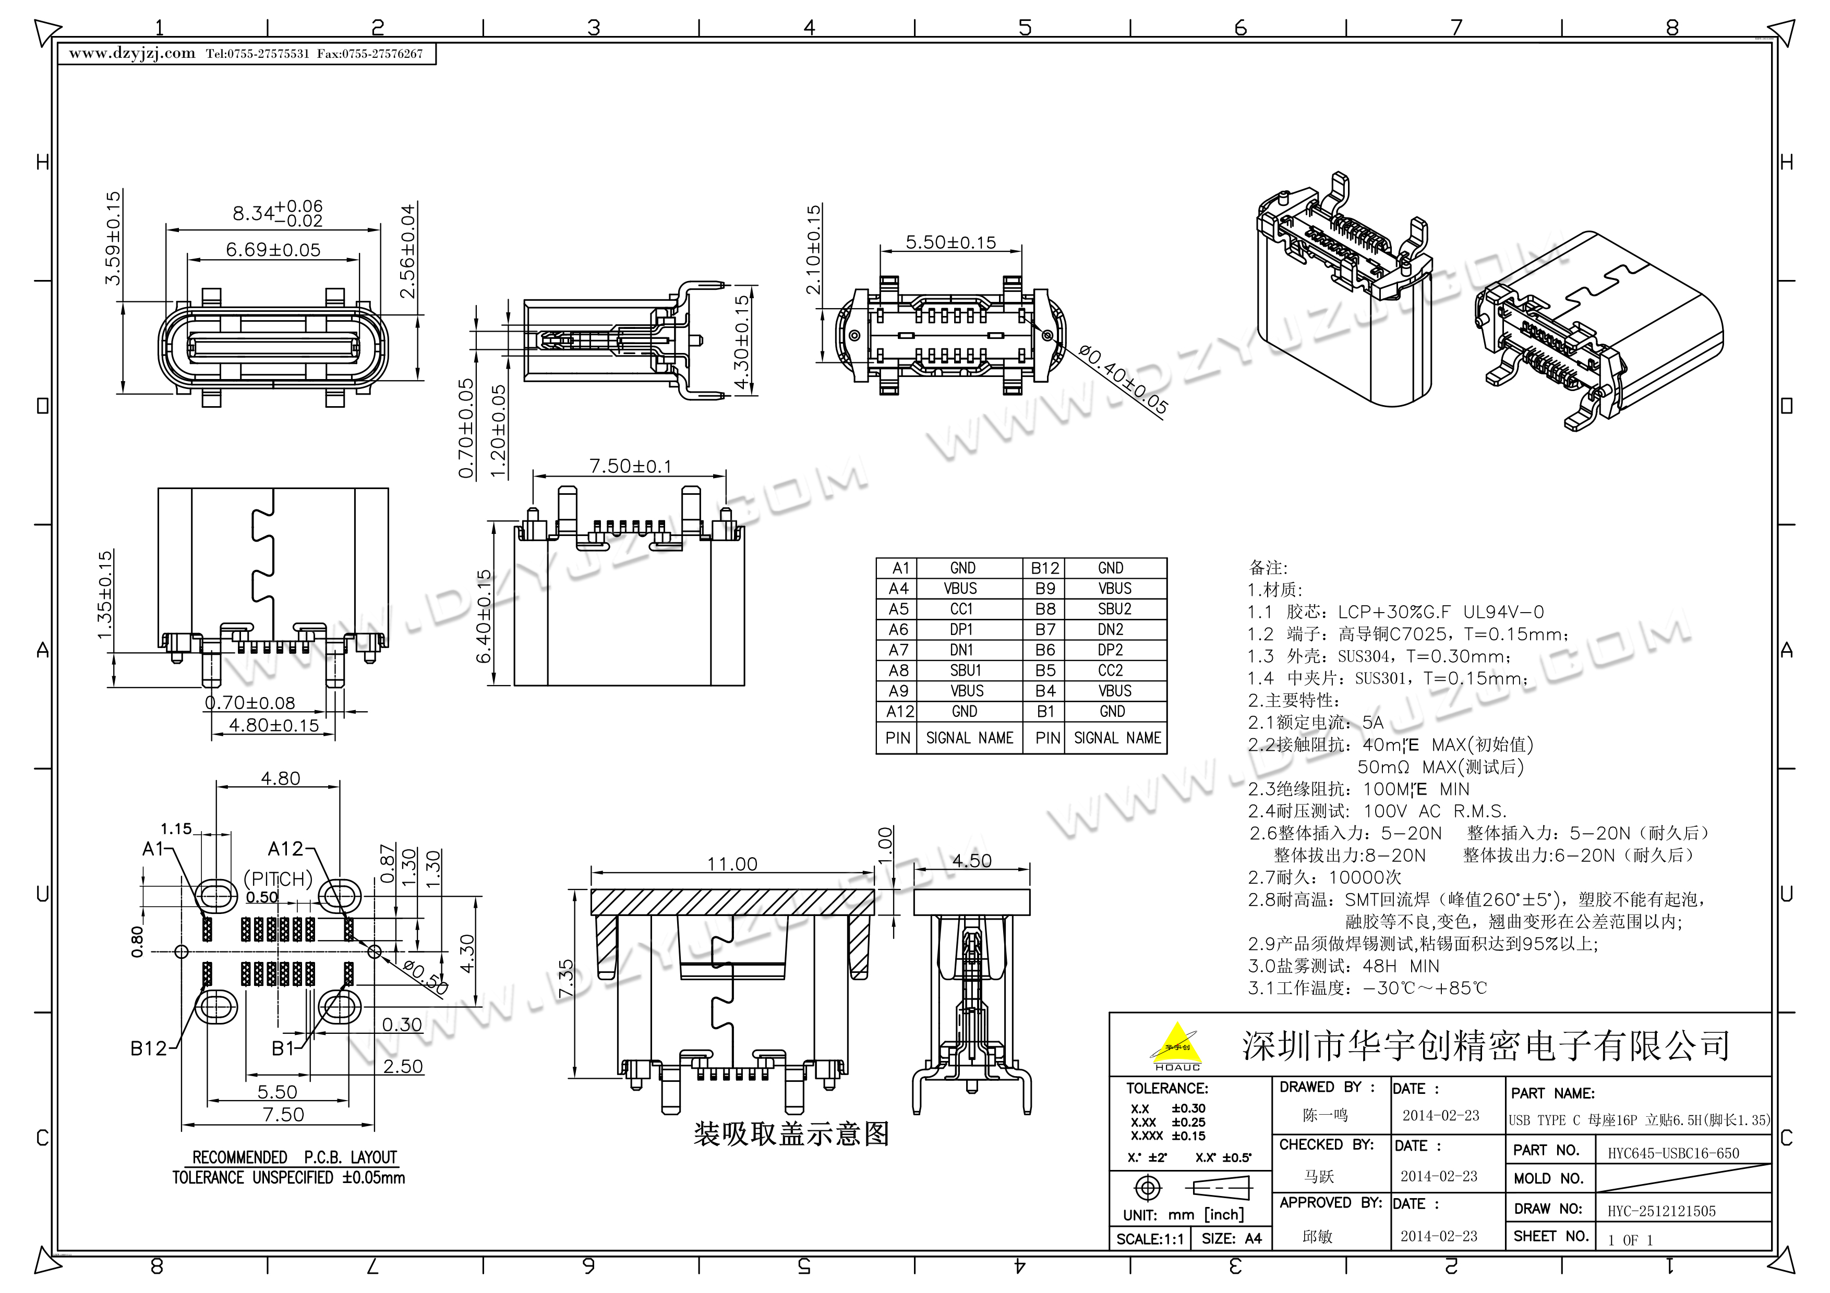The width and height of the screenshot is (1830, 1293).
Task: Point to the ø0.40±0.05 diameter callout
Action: click(1123, 379)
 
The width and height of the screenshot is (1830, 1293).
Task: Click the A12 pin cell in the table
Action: click(899, 712)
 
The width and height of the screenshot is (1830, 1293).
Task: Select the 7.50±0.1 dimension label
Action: click(630, 466)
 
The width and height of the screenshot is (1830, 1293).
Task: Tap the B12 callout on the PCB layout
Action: click(149, 1048)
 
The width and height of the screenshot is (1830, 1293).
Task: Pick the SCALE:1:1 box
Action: click(1150, 1239)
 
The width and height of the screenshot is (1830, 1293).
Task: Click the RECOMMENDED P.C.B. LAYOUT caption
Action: click(294, 1157)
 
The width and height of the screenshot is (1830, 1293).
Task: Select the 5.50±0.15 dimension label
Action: click(950, 242)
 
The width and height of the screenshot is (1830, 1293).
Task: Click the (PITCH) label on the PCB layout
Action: click(278, 880)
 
